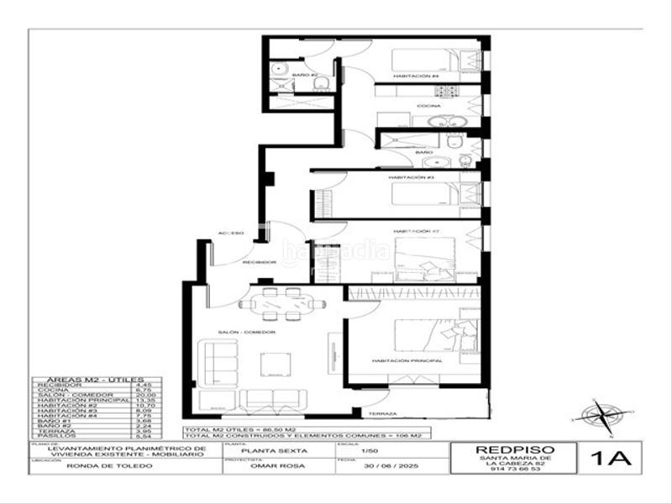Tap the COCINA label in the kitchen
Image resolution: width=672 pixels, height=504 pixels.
point(429,106)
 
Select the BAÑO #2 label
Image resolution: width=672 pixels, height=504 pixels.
point(304,76)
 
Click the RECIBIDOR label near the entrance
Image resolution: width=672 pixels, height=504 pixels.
point(259,262)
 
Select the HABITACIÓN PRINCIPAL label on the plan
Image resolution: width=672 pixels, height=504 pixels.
point(407,360)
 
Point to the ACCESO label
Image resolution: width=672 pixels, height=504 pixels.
point(231,232)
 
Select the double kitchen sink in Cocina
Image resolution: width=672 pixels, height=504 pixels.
point(440,121)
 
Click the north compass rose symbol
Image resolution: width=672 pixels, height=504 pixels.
point(602,415)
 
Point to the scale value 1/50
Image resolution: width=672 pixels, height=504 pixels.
point(368,452)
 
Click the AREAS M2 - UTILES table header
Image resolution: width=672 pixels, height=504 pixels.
point(87,379)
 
